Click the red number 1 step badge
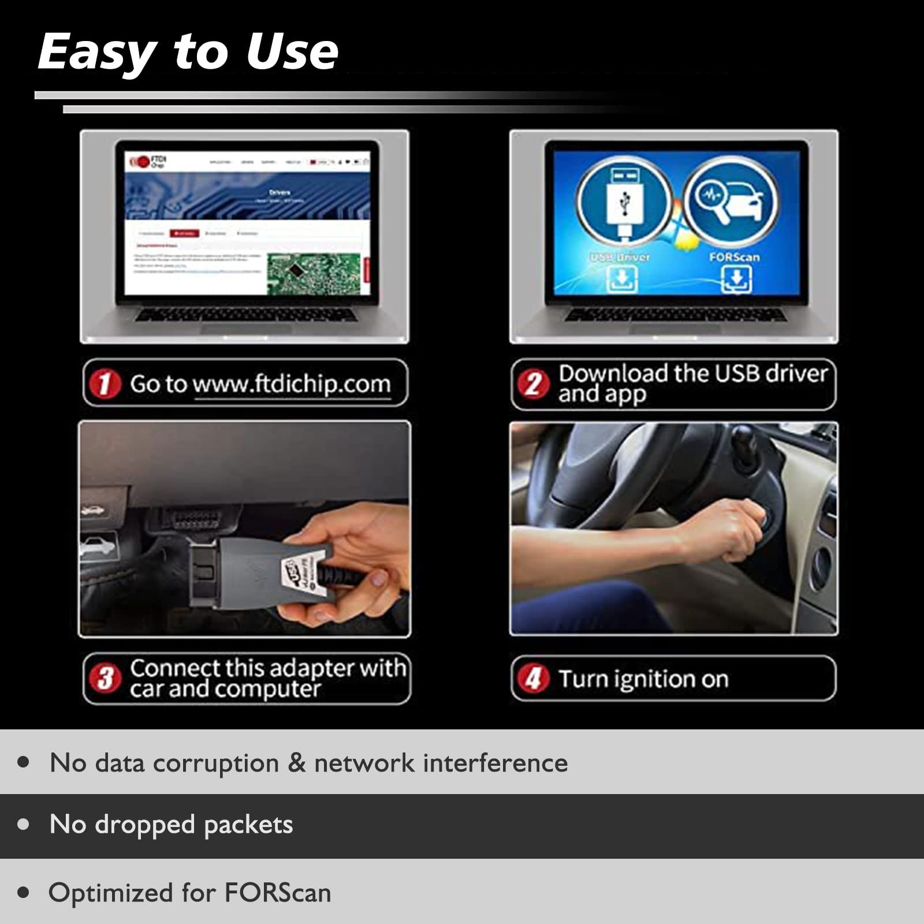pyautogui.click(x=105, y=384)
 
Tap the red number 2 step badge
pyautogui.click(x=533, y=384)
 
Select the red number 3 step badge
pyautogui.click(x=105, y=679)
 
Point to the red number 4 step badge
pyautogui.click(x=533, y=679)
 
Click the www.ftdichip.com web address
pyautogui.click(x=292, y=384)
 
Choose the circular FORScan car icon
pyautogui.click(x=731, y=202)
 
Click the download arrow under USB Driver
pyautogui.click(x=622, y=280)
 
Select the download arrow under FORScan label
pyautogui.click(x=736, y=280)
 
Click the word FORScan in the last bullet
pyautogui.click(x=278, y=892)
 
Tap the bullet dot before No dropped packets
pyautogui.click(x=24, y=824)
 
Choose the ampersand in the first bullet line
pyautogui.click(x=296, y=763)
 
